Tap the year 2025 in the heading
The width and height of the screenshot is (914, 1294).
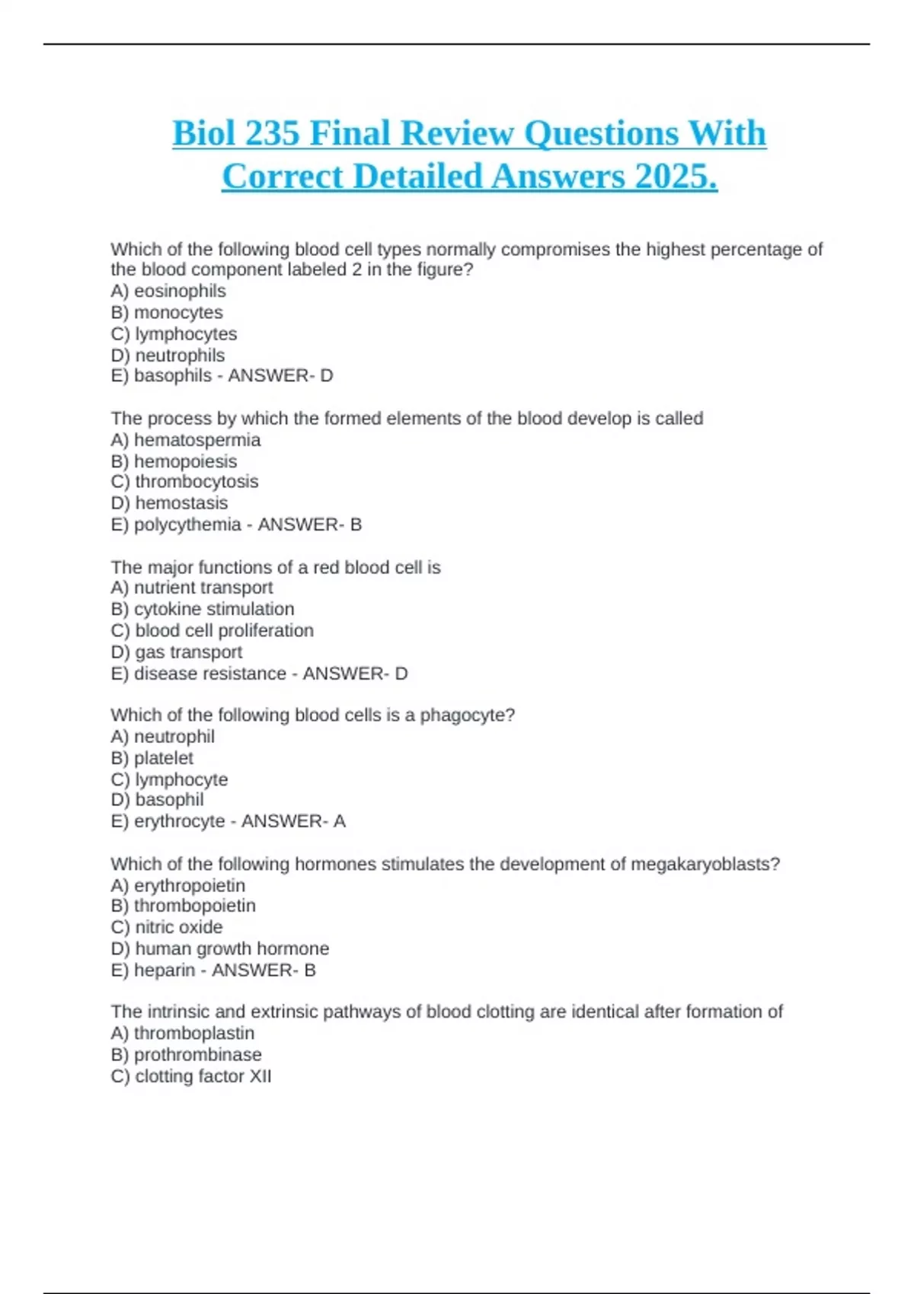click(x=676, y=177)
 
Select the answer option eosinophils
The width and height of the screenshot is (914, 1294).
click(x=180, y=292)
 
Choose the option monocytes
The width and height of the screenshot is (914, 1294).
click(x=178, y=313)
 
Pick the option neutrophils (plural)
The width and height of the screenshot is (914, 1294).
click(x=180, y=355)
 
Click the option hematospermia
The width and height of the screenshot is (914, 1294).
click(x=197, y=440)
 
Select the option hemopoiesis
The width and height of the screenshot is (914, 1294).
click(x=185, y=461)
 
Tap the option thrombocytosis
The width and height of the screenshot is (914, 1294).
click(x=197, y=482)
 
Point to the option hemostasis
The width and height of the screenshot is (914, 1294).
click(x=181, y=503)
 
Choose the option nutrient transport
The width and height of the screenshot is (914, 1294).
click(x=203, y=588)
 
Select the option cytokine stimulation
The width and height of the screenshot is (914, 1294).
click(x=214, y=609)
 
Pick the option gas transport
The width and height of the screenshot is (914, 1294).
click(x=189, y=652)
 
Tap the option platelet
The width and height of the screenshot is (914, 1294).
click(x=164, y=758)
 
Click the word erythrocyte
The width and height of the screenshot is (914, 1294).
click(x=180, y=821)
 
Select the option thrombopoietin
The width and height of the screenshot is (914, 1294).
click(x=195, y=906)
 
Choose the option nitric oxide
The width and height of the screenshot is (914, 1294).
click(x=179, y=927)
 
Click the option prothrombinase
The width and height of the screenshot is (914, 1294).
click(x=198, y=1055)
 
